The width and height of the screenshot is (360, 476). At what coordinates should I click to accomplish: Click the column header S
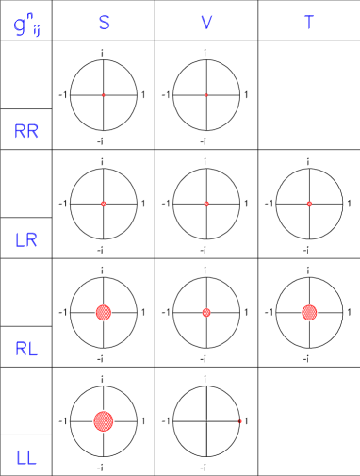[104, 23]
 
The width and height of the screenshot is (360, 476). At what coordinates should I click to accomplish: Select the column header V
[206, 23]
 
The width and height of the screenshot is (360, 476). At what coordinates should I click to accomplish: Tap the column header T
[308, 23]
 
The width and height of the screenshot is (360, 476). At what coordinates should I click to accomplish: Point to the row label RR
[26, 132]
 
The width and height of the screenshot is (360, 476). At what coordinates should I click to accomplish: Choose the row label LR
[26, 240]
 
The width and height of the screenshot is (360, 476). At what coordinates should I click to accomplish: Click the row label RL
[26, 349]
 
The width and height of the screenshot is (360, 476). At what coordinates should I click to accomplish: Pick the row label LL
[26, 458]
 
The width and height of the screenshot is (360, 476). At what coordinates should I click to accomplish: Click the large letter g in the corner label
[20, 27]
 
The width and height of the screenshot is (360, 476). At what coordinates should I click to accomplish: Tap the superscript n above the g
[30, 15]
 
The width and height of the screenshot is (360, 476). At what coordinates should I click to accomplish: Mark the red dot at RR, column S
[104, 95]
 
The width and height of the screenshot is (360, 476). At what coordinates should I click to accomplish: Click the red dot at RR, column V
[206, 95]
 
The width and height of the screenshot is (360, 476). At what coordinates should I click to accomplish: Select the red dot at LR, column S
[104, 204]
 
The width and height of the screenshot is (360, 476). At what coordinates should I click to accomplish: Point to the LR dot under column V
[206, 204]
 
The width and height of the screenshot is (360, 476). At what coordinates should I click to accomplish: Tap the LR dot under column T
[309, 204]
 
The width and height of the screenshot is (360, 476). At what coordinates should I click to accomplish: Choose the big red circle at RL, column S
[104, 312]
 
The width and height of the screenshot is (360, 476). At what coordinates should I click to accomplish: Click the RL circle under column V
[206, 312]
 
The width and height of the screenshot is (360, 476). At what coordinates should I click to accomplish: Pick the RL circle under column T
[309, 312]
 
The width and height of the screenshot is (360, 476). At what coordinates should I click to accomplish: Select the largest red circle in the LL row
[104, 421]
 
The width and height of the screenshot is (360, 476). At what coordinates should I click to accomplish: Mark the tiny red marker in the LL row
[240, 421]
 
